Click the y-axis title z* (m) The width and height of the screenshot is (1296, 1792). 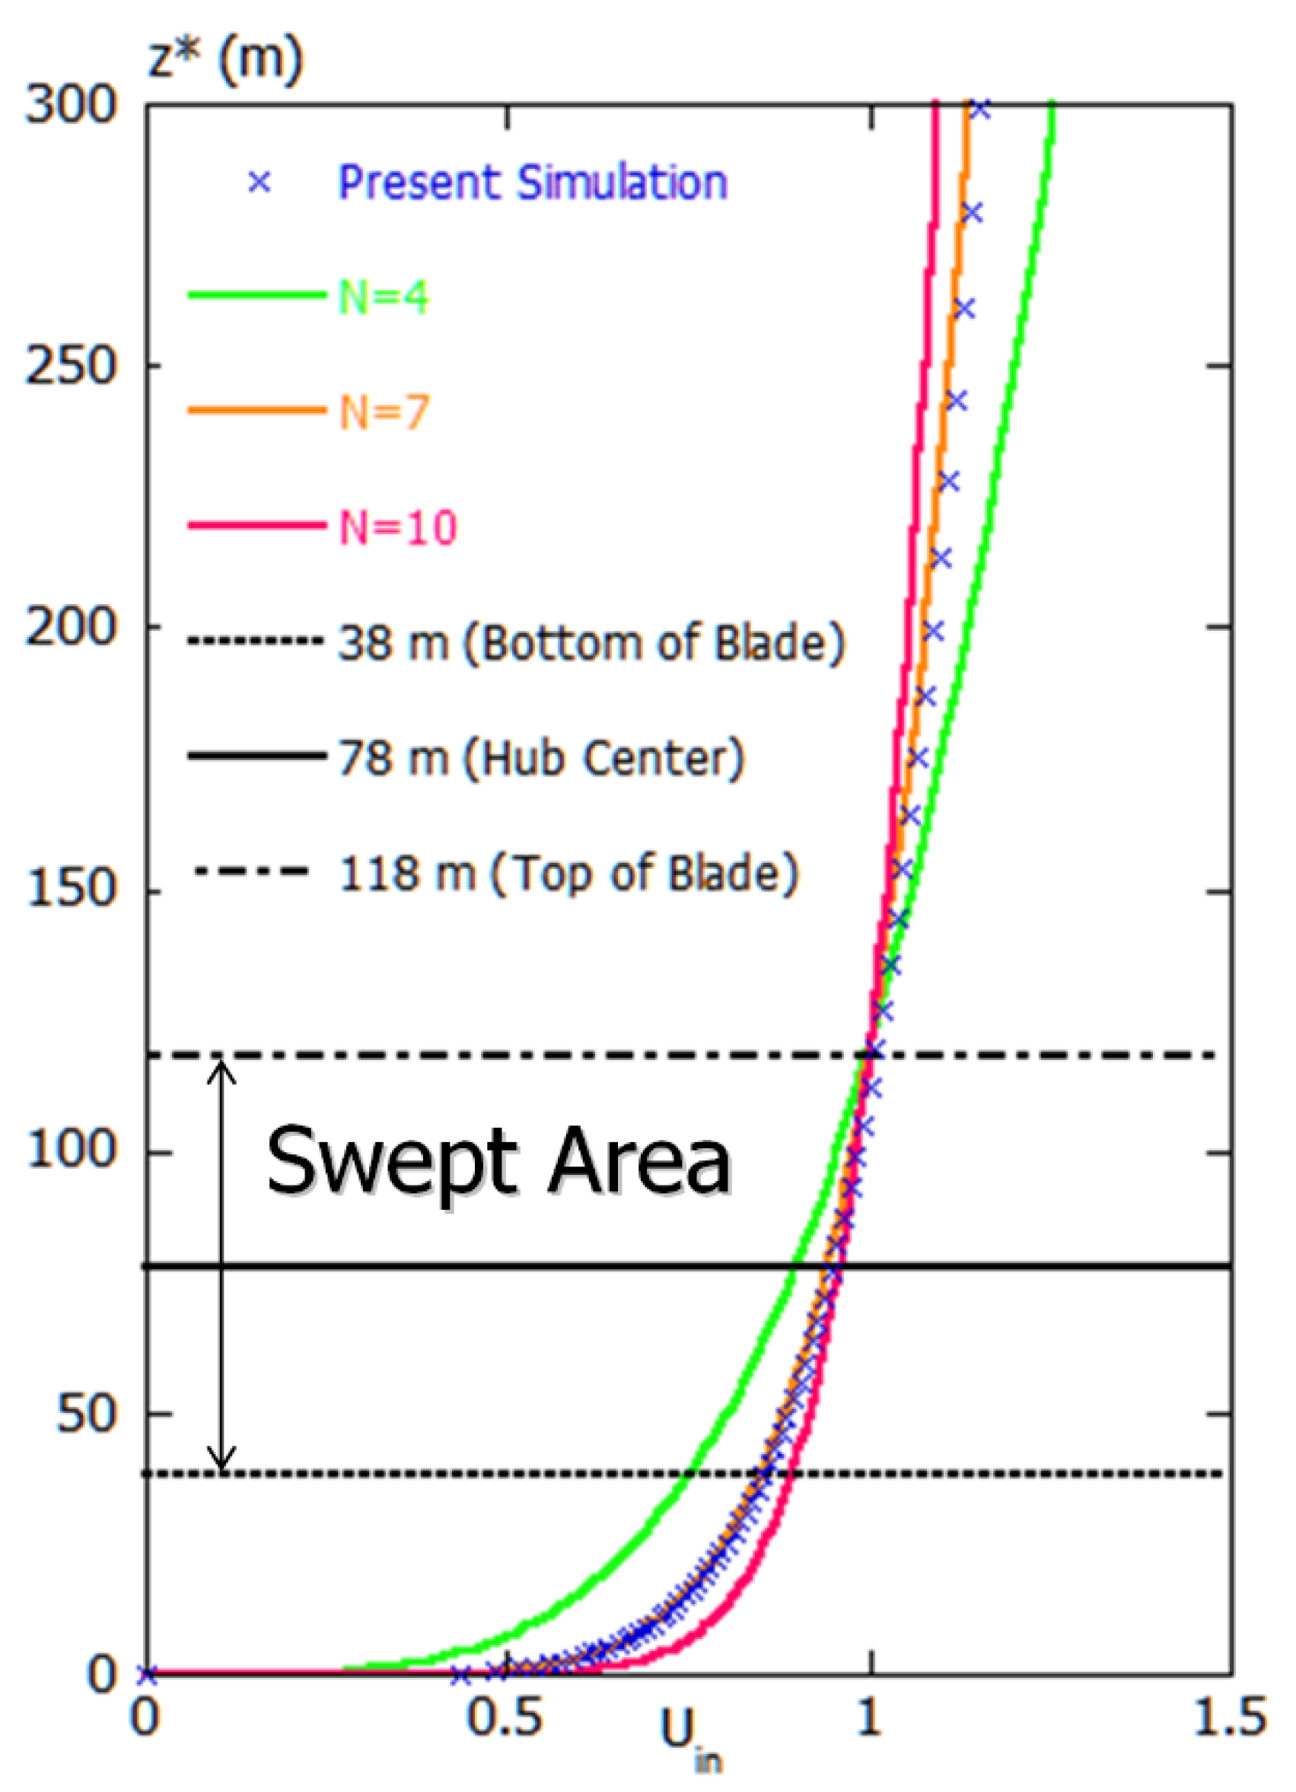[226, 59]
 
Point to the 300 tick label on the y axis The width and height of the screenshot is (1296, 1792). [72, 105]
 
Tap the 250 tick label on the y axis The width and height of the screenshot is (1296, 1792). [72, 367]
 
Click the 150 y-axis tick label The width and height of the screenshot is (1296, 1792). [72, 890]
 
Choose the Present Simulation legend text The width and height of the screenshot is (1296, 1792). [533, 183]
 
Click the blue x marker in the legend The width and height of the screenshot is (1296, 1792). [260, 183]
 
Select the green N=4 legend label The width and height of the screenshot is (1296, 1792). [384, 298]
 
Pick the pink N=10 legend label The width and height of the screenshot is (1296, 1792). [398, 527]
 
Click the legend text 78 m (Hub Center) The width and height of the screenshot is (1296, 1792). [541, 759]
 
